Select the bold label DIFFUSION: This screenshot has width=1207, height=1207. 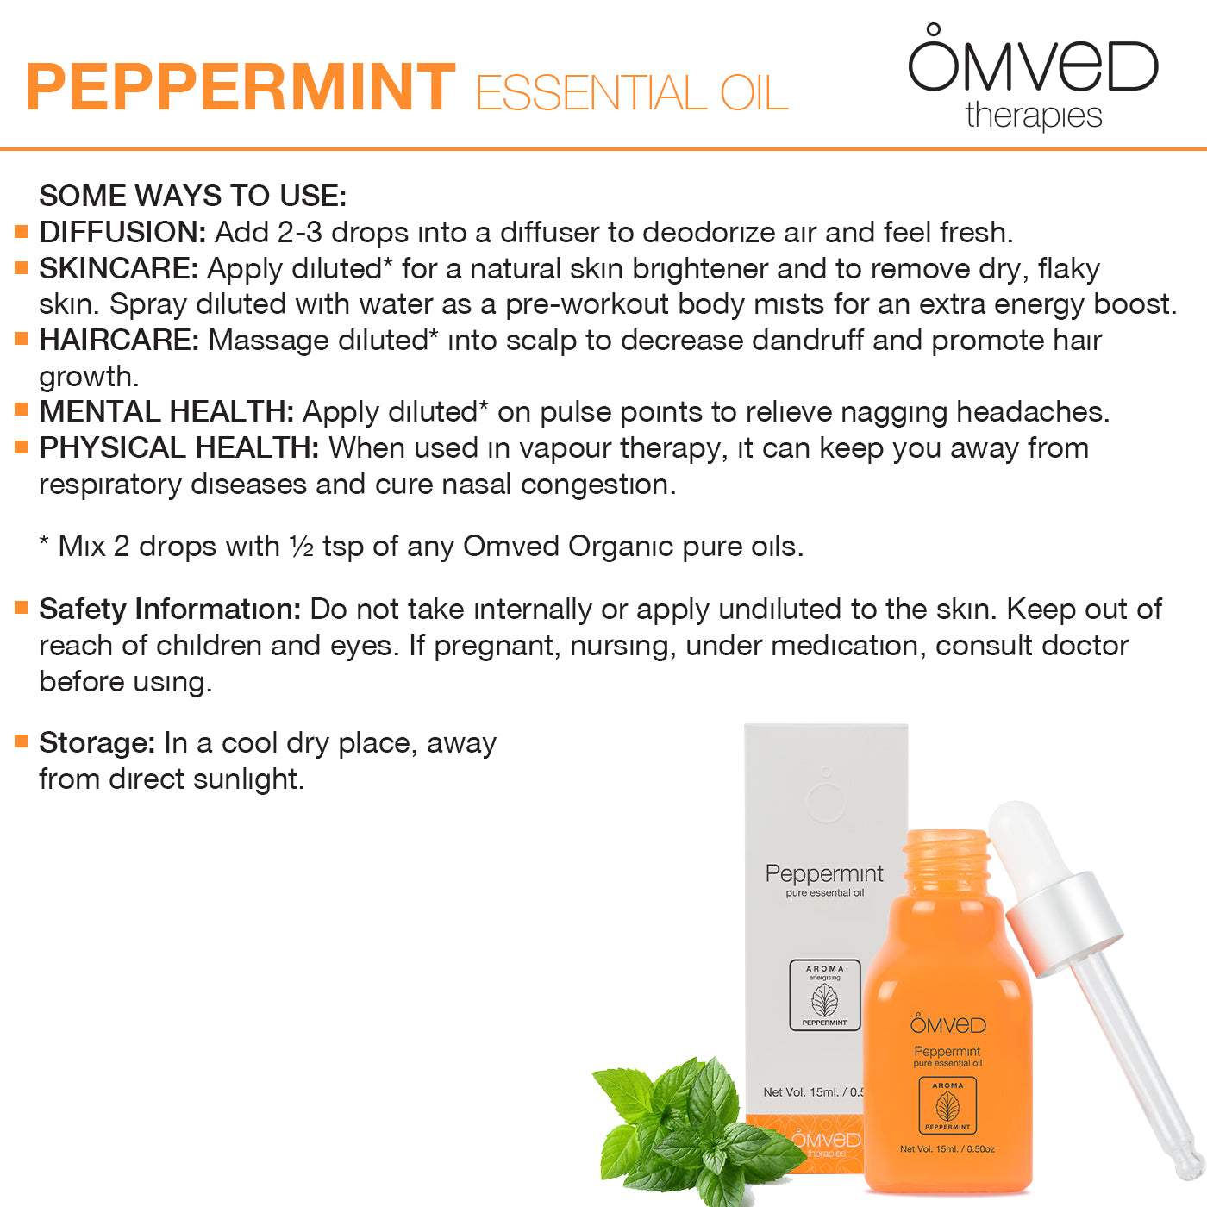pyautogui.click(x=122, y=232)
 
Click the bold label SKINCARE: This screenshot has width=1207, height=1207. pyautogui.click(x=119, y=268)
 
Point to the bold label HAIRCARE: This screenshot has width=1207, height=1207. pyautogui.click(x=119, y=340)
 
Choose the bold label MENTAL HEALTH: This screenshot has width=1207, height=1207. pyautogui.click(x=166, y=411)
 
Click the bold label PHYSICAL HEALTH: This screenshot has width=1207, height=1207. pyautogui.click(x=179, y=447)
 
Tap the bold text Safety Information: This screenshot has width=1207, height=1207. pyautogui.click(x=171, y=609)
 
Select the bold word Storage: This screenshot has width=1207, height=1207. pyautogui.click(x=97, y=743)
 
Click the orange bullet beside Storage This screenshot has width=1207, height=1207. pyautogui.click(x=22, y=741)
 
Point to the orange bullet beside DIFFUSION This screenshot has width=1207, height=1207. pyautogui.click(x=22, y=232)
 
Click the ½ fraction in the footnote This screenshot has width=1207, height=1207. pyautogui.click(x=302, y=547)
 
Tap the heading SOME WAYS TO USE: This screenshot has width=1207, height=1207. pyautogui.click(x=193, y=196)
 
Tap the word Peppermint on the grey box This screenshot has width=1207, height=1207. pyautogui.click(x=824, y=873)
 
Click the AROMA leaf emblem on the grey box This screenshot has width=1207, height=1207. pyautogui.click(x=824, y=995)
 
